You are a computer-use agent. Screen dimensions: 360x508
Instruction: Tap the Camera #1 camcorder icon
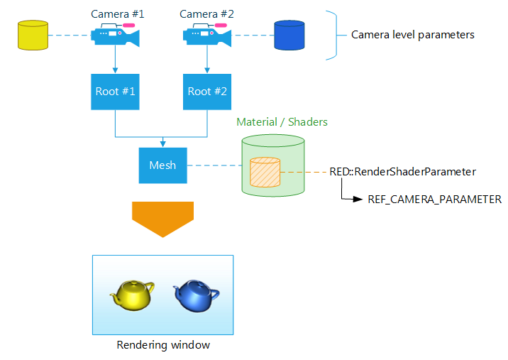(114, 35)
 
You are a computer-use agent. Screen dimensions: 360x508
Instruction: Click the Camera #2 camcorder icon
(206, 35)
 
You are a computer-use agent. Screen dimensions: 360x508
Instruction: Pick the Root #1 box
(115, 92)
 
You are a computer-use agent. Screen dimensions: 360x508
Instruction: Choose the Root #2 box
(207, 92)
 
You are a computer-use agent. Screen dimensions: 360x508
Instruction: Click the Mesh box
(162, 165)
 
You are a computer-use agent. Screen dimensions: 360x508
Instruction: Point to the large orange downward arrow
(163, 218)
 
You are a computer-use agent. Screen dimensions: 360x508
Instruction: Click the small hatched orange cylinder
(265, 172)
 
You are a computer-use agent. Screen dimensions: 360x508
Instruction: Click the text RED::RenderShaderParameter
(402, 171)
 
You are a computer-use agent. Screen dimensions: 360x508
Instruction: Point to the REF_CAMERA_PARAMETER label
(434, 200)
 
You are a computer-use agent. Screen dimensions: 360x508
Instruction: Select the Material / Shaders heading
(282, 122)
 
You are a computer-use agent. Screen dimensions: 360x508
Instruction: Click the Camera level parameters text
(413, 34)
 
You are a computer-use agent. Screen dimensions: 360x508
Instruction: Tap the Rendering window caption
(163, 345)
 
